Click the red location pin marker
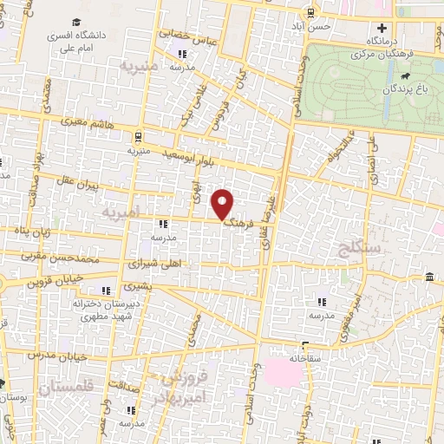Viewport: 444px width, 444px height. (x=224, y=204)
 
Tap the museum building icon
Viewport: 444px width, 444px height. (x=431, y=277)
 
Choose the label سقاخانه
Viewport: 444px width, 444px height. (x=307, y=357)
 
